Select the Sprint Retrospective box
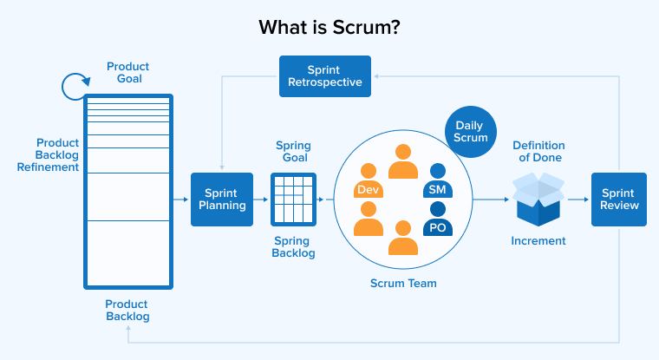[325, 76]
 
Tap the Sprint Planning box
[222, 200]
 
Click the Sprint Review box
[619, 200]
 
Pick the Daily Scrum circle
[472, 132]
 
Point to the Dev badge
[369, 189]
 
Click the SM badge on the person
[437, 189]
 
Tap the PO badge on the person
[437, 227]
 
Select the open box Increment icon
[538, 199]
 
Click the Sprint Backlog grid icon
[293, 200]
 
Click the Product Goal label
[127, 73]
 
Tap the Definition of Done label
[538, 151]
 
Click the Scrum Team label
[403, 283]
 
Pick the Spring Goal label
[293, 152]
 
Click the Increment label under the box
[538, 240]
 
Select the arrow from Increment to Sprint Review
[578, 200]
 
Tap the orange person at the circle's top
[403, 161]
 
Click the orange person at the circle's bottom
[403, 238]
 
